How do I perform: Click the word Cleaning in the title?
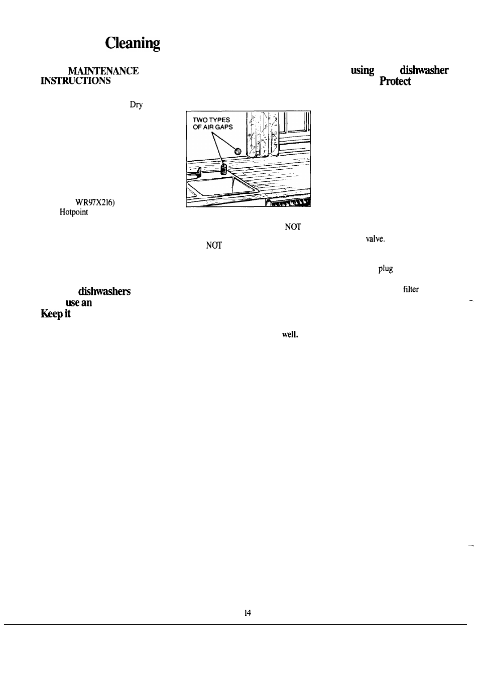(x=133, y=44)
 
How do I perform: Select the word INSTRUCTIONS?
(x=75, y=81)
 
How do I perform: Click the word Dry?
(x=136, y=105)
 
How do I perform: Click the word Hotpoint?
(x=74, y=212)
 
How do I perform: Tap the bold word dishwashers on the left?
(x=104, y=292)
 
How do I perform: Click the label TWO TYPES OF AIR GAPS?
(x=213, y=124)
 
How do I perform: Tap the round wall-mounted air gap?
(x=238, y=151)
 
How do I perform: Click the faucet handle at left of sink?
(x=199, y=172)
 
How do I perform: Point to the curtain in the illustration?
(x=262, y=133)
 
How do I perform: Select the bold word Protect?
(x=395, y=81)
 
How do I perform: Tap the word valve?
(x=375, y=240)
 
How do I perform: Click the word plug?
(x=385, y=269)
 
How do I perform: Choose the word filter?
(x=410, y=289)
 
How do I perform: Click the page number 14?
(x=248, y=613)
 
